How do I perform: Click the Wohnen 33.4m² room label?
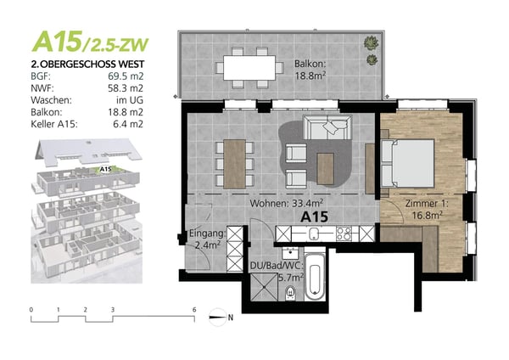pos(283,205)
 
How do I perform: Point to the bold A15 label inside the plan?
pos(316,217)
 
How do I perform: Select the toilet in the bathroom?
pos(291,292)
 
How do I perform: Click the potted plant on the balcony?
pos(371,43)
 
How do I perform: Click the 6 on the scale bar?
pos(194,310)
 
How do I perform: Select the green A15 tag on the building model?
pos(105,169)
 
